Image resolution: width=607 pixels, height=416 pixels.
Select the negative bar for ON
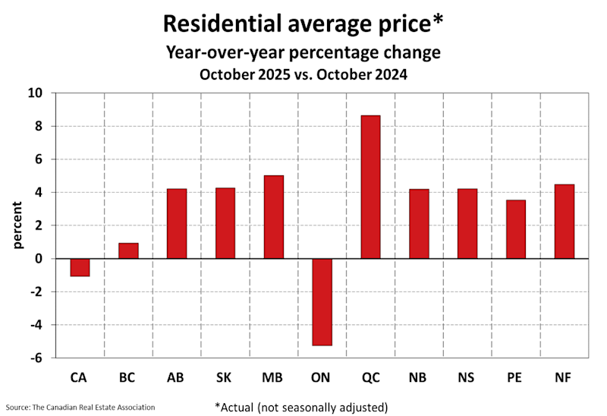pos(322,301)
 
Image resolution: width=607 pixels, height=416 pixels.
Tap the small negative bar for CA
pos(80,267)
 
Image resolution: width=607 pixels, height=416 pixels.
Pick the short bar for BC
pos(128,251)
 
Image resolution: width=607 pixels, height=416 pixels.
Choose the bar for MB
pos(273,217)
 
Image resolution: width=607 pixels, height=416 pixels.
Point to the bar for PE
pos(516,229)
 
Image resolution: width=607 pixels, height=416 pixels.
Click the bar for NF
pos(565,222)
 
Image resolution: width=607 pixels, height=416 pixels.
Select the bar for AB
pos(177,224)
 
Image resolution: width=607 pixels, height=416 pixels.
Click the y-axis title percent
pos(17,225)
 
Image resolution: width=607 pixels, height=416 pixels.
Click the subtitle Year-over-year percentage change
pos(303,53)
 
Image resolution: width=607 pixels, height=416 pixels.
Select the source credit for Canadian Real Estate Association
pos(80,407)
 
